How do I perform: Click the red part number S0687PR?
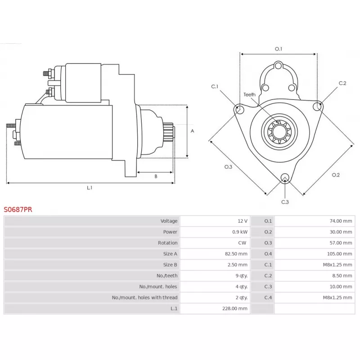click(18, 209)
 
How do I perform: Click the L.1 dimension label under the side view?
click(90, 188)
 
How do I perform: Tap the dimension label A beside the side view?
click(193, 131)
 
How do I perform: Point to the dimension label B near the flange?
click(156, 176)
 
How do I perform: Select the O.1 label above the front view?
click(279, 49)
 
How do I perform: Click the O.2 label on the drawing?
click(336, 175)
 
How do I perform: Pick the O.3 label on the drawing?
click(228, 167)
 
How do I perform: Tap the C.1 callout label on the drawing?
click(215, 86)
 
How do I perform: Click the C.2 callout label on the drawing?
click(342, 83)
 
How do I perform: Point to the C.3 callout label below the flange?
click(285, 202)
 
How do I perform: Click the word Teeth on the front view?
click(249, 94)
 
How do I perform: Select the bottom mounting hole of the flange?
click(285, 178)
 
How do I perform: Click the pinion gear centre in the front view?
click(279, 132)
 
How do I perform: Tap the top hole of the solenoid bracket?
click(278, 66)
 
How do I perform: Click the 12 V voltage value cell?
click(243, 221)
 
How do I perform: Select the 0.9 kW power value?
click(240, 232)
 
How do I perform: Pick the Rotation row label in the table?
click(167, 243)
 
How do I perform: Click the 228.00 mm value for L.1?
click(234, 308)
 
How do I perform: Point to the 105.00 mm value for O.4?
click(339, 254)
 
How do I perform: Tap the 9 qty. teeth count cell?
click(242, 275)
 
